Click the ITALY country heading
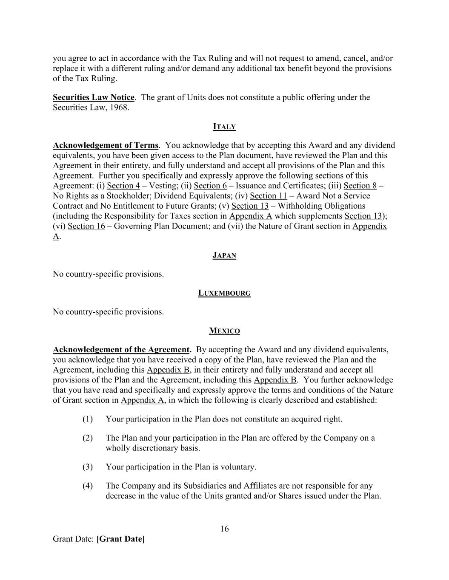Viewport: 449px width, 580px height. point(224,127)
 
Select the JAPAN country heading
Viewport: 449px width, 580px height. point(224,255)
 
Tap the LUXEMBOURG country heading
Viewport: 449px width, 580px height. point(224,293)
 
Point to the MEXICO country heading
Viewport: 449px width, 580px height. point(224,331)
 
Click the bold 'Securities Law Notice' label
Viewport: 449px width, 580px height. point(94,97)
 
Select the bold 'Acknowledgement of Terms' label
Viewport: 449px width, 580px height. point(106,145)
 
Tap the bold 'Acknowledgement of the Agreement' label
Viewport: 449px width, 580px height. point(122,350)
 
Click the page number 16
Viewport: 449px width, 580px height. point(225,529)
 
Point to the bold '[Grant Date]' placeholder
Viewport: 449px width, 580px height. point(121,539)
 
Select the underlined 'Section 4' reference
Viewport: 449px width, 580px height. point(123,186)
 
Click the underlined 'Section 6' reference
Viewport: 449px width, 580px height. point(210,186)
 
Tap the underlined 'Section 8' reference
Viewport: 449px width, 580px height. point(360,186)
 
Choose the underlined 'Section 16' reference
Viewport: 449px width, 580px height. point(86,226)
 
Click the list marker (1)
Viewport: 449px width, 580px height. point(88,419)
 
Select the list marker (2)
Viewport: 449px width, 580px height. point(88,438)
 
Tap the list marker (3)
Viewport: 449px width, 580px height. point(88,467)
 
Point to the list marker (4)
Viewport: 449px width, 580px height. point(88,486)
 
